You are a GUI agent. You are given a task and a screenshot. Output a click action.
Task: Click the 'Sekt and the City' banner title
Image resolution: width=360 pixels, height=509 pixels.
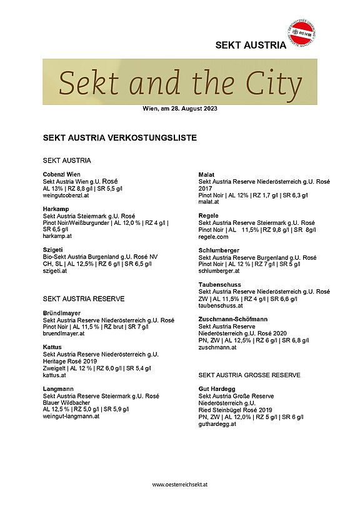coord(180,82)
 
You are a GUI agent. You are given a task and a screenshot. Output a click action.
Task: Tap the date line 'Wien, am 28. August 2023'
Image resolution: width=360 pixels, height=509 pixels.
coord(180,109)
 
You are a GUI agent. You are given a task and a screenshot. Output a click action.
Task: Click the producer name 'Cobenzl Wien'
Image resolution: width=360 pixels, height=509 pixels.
coord(62,174)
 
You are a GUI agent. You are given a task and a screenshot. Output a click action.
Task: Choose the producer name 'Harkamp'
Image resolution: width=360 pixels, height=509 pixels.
coord(56,209)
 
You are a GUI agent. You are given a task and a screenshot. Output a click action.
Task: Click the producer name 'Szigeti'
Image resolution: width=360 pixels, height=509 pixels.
coord(54,250)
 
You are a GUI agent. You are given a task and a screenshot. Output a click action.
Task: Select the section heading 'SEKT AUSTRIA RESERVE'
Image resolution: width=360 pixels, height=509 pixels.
coord(83,299)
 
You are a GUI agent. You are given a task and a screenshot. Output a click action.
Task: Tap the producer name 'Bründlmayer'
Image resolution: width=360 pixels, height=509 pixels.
coord(62,313)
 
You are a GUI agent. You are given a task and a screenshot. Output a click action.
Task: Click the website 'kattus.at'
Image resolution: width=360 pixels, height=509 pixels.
coord(54,375)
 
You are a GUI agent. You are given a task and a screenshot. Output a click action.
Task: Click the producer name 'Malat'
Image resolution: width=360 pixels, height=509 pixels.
coord(207,174)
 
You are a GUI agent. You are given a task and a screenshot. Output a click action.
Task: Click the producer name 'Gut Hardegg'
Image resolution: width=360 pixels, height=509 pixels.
coord(217,388)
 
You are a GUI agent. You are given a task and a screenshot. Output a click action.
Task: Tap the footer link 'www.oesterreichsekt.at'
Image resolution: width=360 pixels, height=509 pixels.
coord(179,484)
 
